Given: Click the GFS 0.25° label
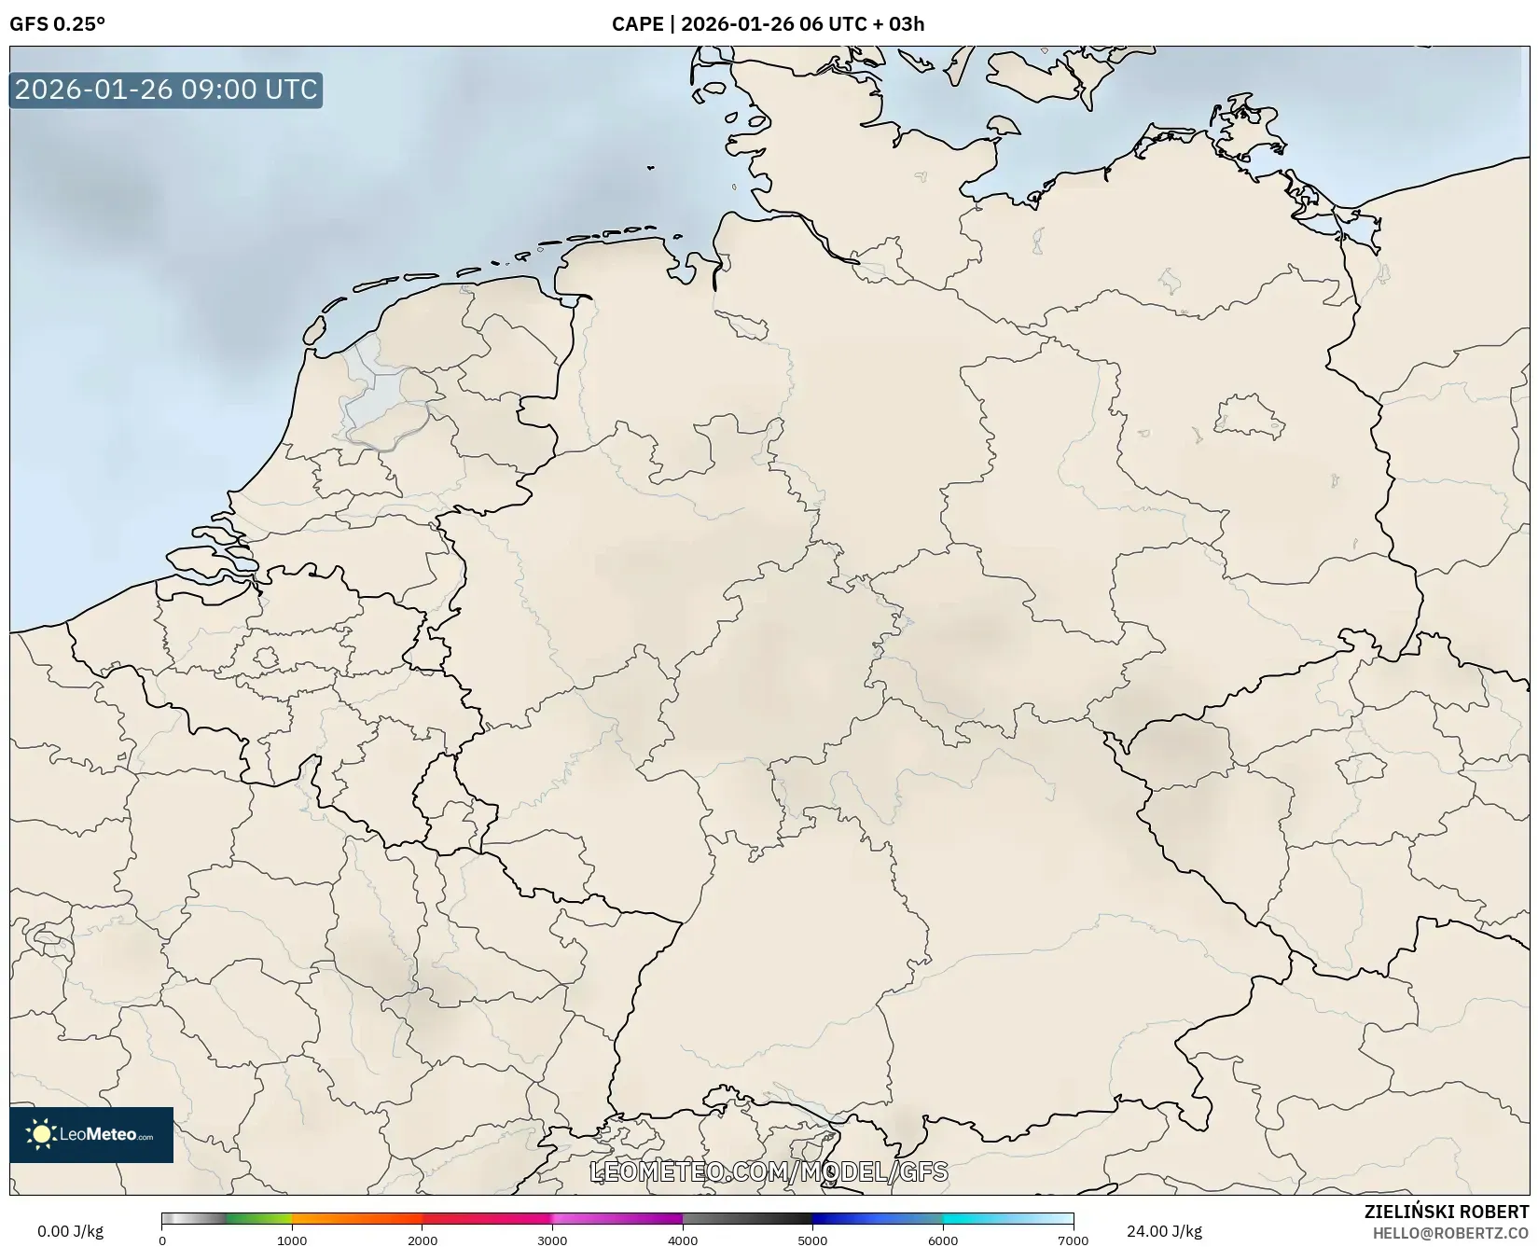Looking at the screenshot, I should [x=57, y=24].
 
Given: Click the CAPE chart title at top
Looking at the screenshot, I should [x=768, y=24].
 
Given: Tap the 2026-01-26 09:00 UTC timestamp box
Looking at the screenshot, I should [x=166, y=90].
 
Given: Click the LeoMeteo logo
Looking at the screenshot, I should [x=91, y=1134].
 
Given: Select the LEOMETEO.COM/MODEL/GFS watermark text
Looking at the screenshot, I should [x=769, y=1172].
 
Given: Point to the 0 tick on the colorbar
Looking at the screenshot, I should [x=162, y=1240].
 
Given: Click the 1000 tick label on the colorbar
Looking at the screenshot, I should [x=292, y=1240].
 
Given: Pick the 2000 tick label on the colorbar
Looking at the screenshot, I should [x=423, y=1240].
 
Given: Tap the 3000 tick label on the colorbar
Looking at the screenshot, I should [x=552, y=1240].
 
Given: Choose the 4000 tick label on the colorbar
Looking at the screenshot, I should [x=683, y=1240].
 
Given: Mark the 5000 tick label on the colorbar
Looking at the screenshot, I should [x=812, y=1240].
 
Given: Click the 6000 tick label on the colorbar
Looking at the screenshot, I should [x=943, y=1240].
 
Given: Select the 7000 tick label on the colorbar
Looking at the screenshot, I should [x=1073, y=1240].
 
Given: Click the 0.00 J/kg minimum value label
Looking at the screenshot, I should [x=70, y=1231].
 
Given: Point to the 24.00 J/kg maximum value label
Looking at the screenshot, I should [x=1164, y=1231].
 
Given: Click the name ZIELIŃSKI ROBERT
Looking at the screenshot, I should [x=1447, y=1212].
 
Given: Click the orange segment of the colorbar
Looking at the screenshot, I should [x=354, y=1219].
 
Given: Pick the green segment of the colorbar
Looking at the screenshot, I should [x=256, y=1219].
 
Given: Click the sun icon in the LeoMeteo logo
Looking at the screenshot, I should [x=41, y=1134].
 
